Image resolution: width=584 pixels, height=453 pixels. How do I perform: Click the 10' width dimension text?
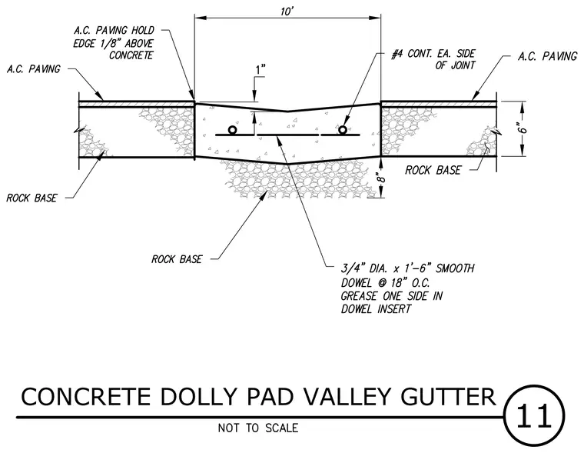coord(287,12)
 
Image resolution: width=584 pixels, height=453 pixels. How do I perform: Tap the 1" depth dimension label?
coord(260,70)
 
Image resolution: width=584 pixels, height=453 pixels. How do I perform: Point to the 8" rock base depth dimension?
coord(380,178)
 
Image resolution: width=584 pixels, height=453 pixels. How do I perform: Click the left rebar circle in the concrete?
coord(232,130)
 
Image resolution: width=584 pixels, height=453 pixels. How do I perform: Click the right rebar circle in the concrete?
coord(342,129)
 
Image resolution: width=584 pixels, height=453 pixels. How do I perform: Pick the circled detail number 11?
coord(534,415)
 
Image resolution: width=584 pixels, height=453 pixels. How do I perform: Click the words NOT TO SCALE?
coord(258,428)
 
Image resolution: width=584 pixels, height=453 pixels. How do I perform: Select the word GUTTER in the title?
coord(449,397)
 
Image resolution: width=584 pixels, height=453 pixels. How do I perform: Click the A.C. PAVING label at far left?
coord(34,69)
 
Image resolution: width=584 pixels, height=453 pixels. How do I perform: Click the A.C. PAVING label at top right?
coord(547,56)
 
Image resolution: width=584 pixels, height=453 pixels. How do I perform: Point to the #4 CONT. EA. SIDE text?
coord(433,54)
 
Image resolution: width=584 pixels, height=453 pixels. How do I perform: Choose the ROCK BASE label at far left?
coord(32,198)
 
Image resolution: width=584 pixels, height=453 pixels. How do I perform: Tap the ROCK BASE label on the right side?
coord(433,170)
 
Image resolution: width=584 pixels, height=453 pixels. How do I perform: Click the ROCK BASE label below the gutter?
coord(177,259)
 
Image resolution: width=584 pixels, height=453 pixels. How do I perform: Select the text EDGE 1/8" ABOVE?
coord(113,43)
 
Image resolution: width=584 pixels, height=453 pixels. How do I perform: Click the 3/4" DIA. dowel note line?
coord(408,268)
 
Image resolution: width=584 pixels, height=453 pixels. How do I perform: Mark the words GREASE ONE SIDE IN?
coord(392,296)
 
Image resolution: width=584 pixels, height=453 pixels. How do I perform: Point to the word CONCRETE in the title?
coord(85,397)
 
